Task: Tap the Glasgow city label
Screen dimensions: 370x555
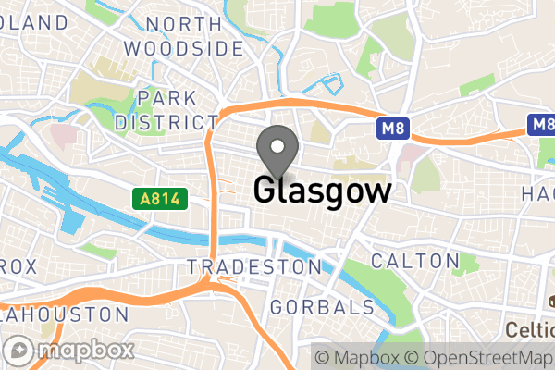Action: pyautogui.click(x=322, y=191)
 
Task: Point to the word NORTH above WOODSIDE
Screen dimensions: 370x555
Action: pyautogui.click(x=183, y=24)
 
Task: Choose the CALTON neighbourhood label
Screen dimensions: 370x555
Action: pyautogui.click(x=414, y=261)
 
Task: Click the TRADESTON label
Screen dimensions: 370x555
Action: pyautogui.click(x=253, y=266)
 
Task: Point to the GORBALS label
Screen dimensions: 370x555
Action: pyautogui.click(x=323, y=307)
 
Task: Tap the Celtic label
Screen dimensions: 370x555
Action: pyautogui.click(x=529, y=329)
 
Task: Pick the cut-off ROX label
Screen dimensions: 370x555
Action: pyautogui.click(x=18, y=266)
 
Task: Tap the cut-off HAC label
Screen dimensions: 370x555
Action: pyautogui.click(x=536, y=192)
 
